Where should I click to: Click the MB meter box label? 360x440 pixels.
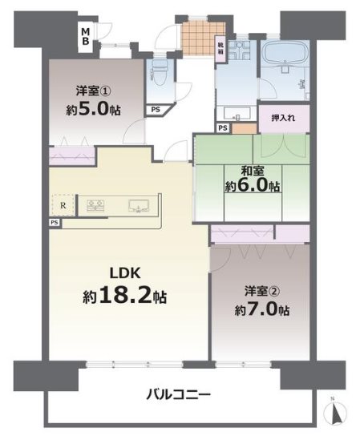tap(84, 36)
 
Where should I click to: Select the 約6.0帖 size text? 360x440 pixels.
tap(250, 186)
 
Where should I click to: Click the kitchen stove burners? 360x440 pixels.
tap(97, 206)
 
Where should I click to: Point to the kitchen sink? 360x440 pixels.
tap(139, 206)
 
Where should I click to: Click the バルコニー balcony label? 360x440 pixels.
tap(179, 395)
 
